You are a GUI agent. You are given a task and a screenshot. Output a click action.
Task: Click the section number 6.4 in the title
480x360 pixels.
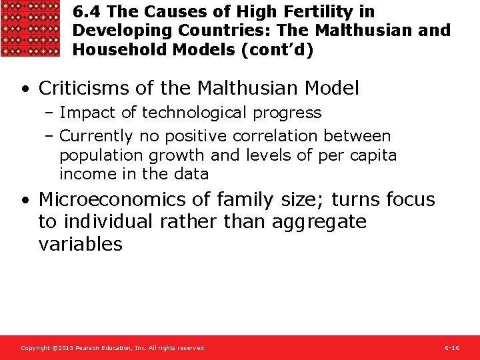point(87,11)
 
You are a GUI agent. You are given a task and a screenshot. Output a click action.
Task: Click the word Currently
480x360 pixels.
point(97,136)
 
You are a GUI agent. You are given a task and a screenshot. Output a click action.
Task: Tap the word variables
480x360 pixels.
point(81,244)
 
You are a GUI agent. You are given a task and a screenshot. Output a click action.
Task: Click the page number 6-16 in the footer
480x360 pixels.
point(451,348)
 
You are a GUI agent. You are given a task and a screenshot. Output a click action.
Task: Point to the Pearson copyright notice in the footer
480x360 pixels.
point(113,348)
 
